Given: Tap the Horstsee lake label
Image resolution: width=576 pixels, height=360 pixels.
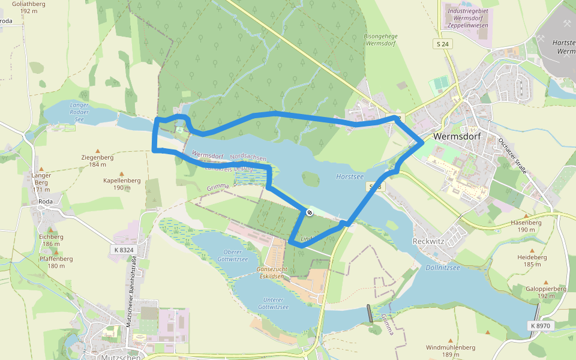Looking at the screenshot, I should click(x=350, y=177).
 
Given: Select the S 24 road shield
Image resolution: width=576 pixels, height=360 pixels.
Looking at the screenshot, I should click(x=442, y=44).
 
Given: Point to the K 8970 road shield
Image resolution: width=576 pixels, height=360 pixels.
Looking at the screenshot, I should click(x=540, y=325).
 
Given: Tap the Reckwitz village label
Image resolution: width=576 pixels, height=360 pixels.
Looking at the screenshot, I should click(x=428, y=241).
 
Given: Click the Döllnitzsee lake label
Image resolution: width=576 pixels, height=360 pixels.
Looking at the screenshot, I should click(x=443, y=268).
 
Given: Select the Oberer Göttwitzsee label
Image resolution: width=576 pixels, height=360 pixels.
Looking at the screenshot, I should click(x=232, y=255).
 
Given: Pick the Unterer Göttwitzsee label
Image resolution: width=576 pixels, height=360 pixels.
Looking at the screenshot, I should click(x=273, y=303).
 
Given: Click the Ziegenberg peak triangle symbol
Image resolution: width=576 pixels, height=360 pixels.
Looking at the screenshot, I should click(x=97, y=151).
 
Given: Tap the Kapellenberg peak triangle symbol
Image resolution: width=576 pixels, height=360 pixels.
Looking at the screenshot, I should click(x=122, y=173).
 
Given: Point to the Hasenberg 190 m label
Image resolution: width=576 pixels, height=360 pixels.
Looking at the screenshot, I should click(x=526, y=226).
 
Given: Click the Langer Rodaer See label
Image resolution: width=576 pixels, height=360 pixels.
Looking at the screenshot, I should click(x=79, y=112).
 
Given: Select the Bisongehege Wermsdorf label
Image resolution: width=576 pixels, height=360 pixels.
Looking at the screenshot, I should click(x=381, y=40).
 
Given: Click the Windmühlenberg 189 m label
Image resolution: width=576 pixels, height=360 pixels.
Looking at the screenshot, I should click(x=450, y=351).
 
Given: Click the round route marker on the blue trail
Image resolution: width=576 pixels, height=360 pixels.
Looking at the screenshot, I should click(x=308, y=212).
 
